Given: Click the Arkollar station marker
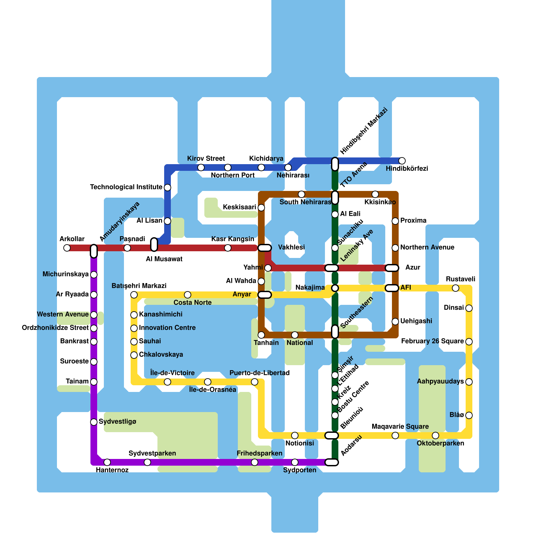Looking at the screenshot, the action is coord(67,248).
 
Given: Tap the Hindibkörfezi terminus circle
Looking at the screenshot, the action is coord(402,161).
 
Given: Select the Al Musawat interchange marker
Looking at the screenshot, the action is coord(154,245).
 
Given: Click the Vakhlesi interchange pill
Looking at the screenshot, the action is coord(265,248).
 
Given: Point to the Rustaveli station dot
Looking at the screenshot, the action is coord(456,288).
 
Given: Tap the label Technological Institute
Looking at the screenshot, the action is coord(126,187).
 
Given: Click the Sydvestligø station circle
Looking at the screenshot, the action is coord(94,422).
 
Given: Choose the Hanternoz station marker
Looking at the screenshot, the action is coord(107,462).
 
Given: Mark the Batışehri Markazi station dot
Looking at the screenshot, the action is coord(134,295).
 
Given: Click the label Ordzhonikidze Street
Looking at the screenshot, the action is coord(55,328).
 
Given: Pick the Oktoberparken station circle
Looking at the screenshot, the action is coord(435,435).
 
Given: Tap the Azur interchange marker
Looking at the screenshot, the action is coord(392,268).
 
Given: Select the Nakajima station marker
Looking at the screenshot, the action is coord(335,288).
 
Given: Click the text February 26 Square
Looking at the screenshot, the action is coord(432,341).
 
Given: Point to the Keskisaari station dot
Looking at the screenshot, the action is coord(261,208).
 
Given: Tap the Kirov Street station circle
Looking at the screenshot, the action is coord(201,167).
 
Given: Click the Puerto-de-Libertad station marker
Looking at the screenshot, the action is coord(255,382).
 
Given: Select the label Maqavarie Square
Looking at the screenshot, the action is coord(400,426).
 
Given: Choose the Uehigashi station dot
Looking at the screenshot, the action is coord(395,322).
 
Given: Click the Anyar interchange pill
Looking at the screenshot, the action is coord(265,295).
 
